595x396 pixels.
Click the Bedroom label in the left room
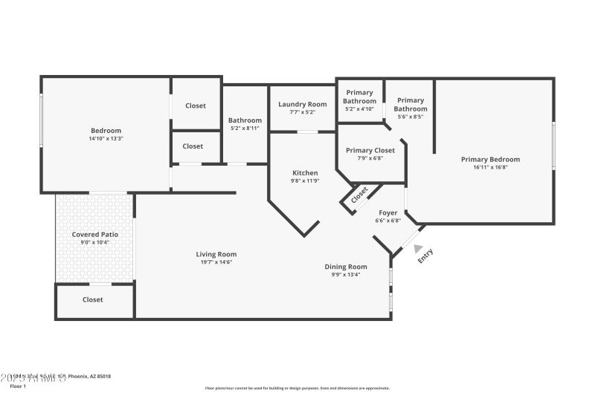click(106, 131)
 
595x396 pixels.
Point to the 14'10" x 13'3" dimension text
click(106, 139)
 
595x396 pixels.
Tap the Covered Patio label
click(94, 234)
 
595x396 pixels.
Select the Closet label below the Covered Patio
click(93, 299)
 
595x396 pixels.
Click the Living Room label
click(216, 254)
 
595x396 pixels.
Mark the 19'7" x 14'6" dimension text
click(216, 262)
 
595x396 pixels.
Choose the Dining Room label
click(346, 267)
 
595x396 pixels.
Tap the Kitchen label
click(304, 172)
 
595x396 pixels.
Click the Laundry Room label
click(302, 104)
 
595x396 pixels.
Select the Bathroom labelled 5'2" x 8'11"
click(245, 120)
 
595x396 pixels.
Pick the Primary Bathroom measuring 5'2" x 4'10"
click(359, 97)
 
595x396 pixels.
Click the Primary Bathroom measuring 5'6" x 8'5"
click(411, 104)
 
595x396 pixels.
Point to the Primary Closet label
click(370, 149)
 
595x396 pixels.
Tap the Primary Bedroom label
click(490, 159)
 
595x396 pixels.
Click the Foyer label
click(388, 212)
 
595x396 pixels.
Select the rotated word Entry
click(425, 256)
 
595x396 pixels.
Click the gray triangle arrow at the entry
click(419, 250)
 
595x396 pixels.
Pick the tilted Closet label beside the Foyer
click(358, 195)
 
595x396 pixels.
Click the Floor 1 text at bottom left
click(18, 386)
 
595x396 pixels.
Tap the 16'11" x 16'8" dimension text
click(490, 167)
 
